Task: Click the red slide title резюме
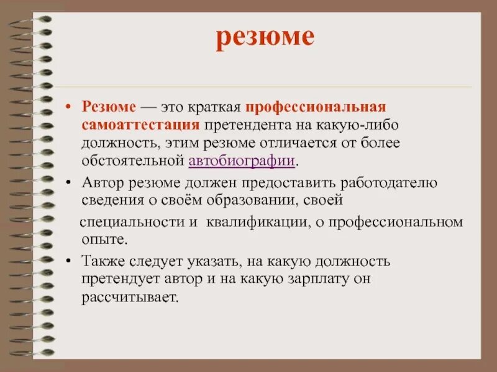coord(265,38)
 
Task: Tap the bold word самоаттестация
coord(140,124)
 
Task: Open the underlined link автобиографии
coord(241,161)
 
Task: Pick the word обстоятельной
coord(132,161)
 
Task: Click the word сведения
coord(107,201)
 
